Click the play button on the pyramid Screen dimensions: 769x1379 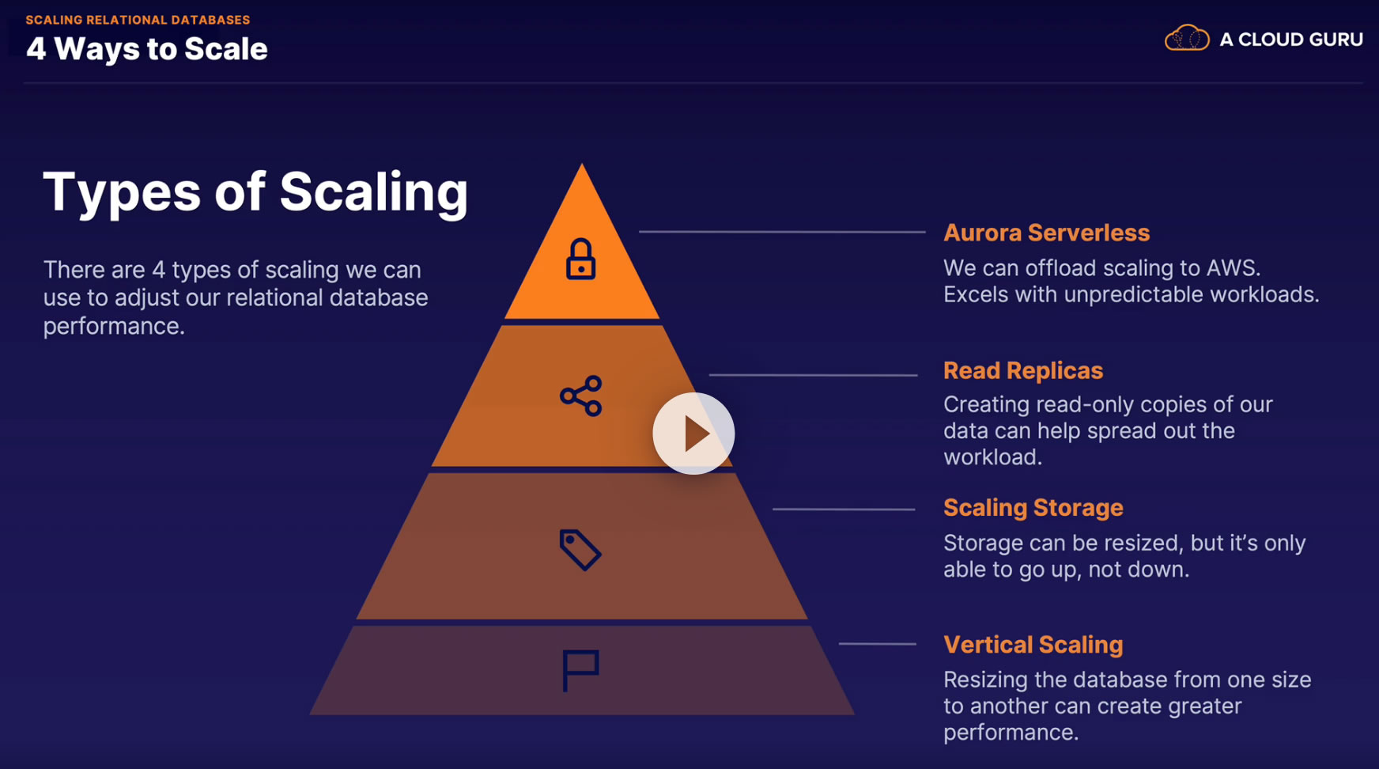click(x=693, y=434)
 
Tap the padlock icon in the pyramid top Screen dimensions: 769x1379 click(x=580, y=259)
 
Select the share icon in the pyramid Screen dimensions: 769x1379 click(x=581, y=396)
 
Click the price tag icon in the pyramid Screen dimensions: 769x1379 click(x=580, y=550)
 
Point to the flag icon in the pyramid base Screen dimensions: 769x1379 click(x=580, y=670)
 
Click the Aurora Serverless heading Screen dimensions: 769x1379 click(x=1046, y=233)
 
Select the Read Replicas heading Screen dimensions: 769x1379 click(x=1022, y=370)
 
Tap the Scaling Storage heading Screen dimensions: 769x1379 click(x=1033, y=507)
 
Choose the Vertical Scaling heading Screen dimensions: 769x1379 click(x=1033, y=645)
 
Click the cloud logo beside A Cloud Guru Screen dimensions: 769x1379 click(x=1186, y=38)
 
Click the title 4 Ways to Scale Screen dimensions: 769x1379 click(x=147, y=49)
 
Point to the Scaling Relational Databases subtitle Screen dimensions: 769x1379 click(x=138, y=20)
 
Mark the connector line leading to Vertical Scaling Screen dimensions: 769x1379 click(x=877, y=644)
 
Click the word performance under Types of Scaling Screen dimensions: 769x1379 click(x=113, y=326)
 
